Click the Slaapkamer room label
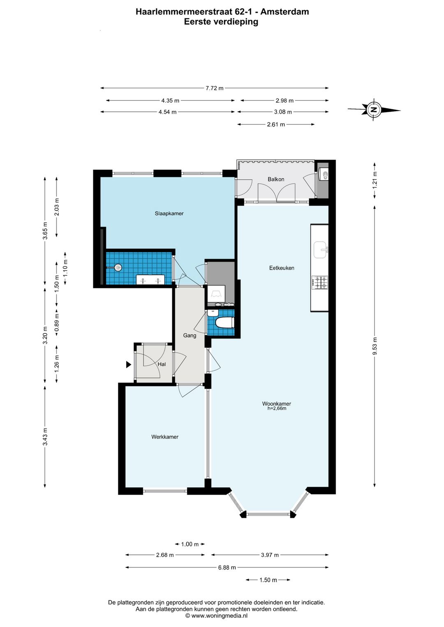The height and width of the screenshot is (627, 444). point(169,214)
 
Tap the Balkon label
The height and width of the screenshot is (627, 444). point(275,179)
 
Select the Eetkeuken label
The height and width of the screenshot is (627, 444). point(282,268)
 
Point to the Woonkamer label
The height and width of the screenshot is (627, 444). point(277,403)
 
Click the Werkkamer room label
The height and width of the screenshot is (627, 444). point(165,437)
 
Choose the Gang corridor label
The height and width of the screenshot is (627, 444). point(190,335)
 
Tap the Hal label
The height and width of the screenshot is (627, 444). point(162,364)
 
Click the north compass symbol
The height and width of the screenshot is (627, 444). point(374,110)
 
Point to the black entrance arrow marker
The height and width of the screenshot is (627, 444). point(129,364)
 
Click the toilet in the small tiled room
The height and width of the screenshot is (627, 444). point(224,322)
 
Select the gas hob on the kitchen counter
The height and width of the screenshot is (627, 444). point(320,282)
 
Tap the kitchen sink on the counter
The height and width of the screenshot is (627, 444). point(321,250)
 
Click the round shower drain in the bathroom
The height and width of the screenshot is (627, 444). point(119,267)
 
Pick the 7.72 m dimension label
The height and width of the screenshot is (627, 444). point(215,88)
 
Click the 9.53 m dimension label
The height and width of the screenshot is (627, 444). point(375,346)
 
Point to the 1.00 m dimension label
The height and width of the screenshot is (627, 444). point(190,544)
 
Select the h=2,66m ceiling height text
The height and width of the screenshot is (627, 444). point(277,408)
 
